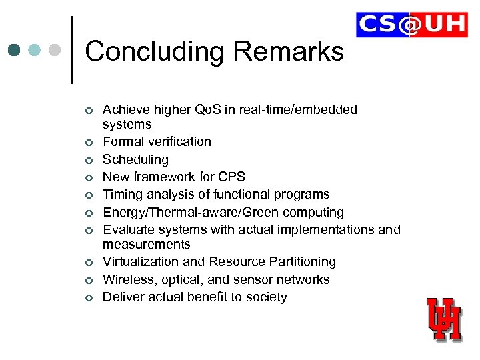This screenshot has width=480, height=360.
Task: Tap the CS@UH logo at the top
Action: click(411, 25)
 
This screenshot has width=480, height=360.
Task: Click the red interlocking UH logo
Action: click(444, 319)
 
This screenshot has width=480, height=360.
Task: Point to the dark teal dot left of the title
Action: click(15, 51)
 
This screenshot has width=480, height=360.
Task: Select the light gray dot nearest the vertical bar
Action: click(55, 51)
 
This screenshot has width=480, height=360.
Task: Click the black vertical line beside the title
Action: click(72, 49)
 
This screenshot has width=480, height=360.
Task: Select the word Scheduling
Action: click(135, 159)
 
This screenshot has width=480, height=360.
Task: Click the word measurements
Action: click(146, 245)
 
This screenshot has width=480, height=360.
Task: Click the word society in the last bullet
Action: click(265, 297)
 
